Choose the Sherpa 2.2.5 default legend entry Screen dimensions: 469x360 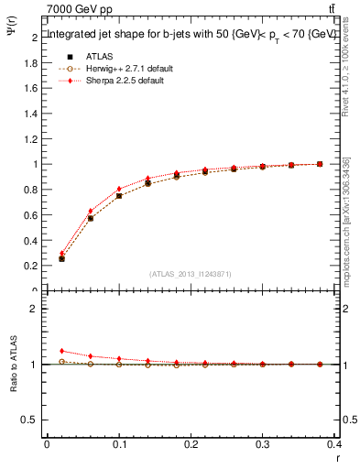pos(118,81)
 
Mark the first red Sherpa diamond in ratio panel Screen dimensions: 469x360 pos(61,351)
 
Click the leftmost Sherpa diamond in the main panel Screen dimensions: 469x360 pos(61,254)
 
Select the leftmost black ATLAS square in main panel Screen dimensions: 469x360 pos(61,259)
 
